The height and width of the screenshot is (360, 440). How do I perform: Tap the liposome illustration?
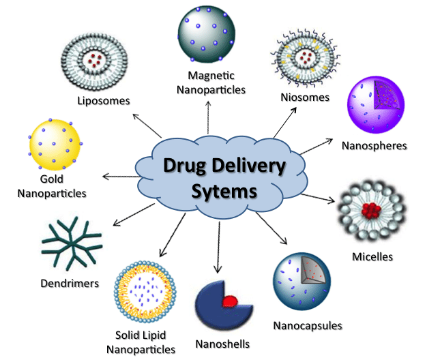tap(96, 57)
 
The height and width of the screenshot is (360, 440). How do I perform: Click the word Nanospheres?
tap(375, 146)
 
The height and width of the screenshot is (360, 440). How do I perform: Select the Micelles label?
tap(372, 257)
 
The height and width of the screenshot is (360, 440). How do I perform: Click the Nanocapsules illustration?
tap(304, 280)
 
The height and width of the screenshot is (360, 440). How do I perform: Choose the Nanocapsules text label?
tap(307, 325)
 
